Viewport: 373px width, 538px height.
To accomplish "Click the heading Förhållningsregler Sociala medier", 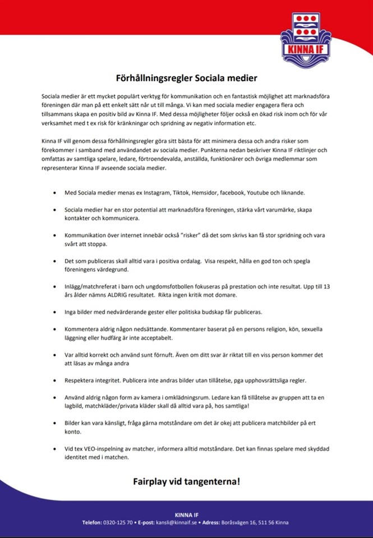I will click(186, 78).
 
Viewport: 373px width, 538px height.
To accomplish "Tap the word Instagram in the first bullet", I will click(153, 192).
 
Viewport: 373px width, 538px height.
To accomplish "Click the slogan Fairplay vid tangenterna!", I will click(186, 481).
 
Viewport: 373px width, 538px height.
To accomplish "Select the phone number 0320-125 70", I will click(118, 522).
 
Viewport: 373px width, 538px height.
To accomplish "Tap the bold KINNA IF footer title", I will click(186, 513).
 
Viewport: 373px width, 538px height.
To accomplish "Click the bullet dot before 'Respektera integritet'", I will click(54, 381).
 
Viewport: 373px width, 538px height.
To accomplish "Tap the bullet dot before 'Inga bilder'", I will click(54, 312).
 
